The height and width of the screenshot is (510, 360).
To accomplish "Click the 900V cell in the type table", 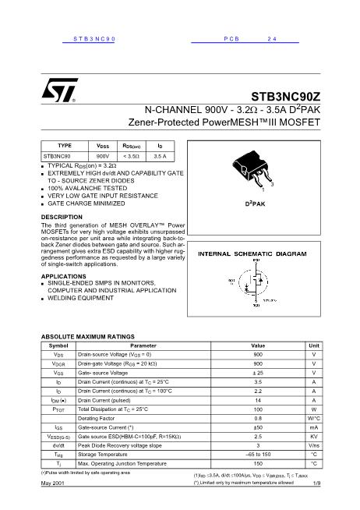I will click(102, 156).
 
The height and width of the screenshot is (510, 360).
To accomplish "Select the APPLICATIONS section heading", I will click(63, 276).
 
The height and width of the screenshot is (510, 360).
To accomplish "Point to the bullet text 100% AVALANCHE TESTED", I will click(86, 188).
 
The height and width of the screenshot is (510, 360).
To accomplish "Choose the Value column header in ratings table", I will click(258, 345).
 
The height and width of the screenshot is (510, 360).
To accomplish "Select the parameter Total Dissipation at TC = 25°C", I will click(114, 409).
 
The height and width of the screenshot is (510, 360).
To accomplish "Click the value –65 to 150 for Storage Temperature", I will click(258, 454).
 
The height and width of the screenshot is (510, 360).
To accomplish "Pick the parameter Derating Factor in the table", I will click(97, 419).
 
